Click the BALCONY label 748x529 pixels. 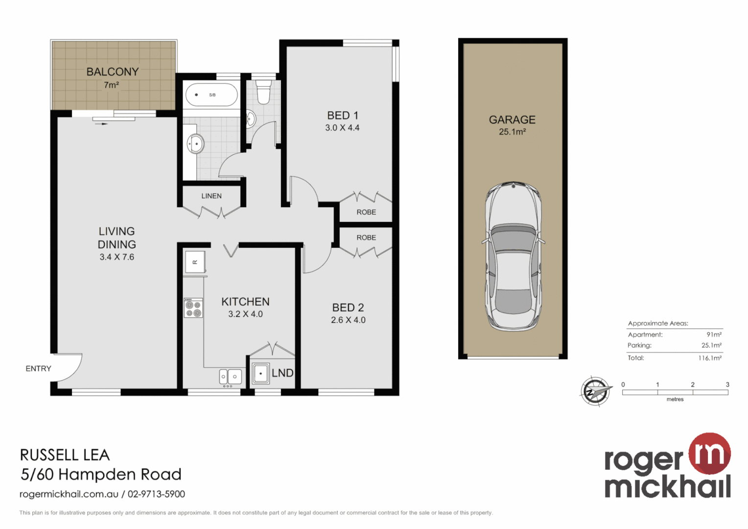113,72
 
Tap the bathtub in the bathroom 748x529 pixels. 211,95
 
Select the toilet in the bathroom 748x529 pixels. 263,92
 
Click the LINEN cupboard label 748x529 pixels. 211,196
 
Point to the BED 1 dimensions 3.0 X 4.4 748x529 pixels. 342,128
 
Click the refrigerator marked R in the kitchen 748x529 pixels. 195,262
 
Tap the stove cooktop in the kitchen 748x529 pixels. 193,308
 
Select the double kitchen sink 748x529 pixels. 230,376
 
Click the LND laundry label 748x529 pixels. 282,373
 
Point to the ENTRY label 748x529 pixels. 38,369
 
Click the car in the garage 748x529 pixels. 513,256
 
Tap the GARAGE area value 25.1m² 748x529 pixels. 512,132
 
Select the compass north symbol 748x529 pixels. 595,391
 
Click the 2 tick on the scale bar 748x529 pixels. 692,385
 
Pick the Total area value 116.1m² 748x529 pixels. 709,358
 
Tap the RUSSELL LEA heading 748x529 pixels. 65,455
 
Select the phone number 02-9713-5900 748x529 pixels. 156,494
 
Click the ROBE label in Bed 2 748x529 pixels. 366,238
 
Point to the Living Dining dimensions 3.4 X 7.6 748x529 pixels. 117,257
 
